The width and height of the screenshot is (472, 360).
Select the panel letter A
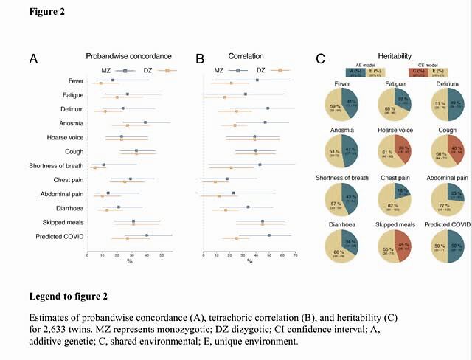click(33, 58)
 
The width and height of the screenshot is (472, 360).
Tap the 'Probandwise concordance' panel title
click(128, 56)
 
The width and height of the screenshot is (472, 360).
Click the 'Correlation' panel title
click(246, 56)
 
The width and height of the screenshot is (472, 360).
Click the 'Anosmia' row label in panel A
click(71, 123)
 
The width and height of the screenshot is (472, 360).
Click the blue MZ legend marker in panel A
click(125, 70)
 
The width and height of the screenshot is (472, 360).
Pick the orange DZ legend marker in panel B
click(280, 70)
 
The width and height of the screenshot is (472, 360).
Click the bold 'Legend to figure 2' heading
click(68, 296)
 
